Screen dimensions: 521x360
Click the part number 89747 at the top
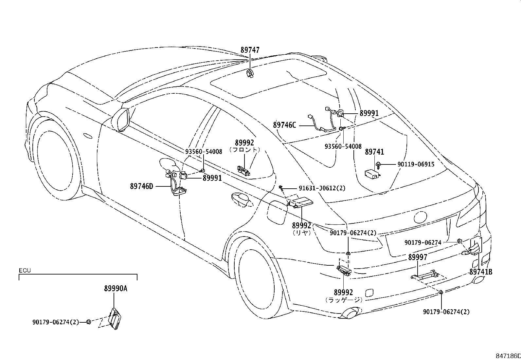pos(250,50)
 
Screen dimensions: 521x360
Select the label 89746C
pos(284,125)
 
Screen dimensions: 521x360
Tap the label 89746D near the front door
pos(141,186)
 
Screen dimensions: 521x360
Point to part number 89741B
pos(481,272)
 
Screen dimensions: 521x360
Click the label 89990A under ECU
pos(116,289)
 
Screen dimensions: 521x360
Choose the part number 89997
pos(418,257)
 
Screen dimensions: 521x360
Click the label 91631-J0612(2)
pos(322,188)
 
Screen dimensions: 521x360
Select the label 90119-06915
pos(416,164)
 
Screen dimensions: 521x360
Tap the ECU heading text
pos(25,270)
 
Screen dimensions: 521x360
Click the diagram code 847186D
pos(508,356)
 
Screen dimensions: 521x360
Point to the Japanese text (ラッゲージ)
pos(344,300)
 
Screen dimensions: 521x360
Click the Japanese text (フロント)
pos(244,149)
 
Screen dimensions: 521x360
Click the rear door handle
pos(242,200)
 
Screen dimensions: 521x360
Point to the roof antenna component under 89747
pos(250,73)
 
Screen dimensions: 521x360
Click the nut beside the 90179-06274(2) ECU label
pos(88,322)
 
